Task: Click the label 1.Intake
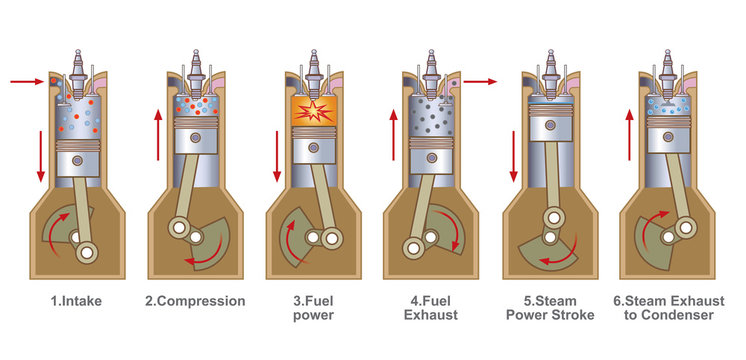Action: [77, 301]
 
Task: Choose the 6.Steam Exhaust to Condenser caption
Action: [669, 308]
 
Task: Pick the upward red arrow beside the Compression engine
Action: [158, 136]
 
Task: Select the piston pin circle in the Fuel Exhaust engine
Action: [430, 148]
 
